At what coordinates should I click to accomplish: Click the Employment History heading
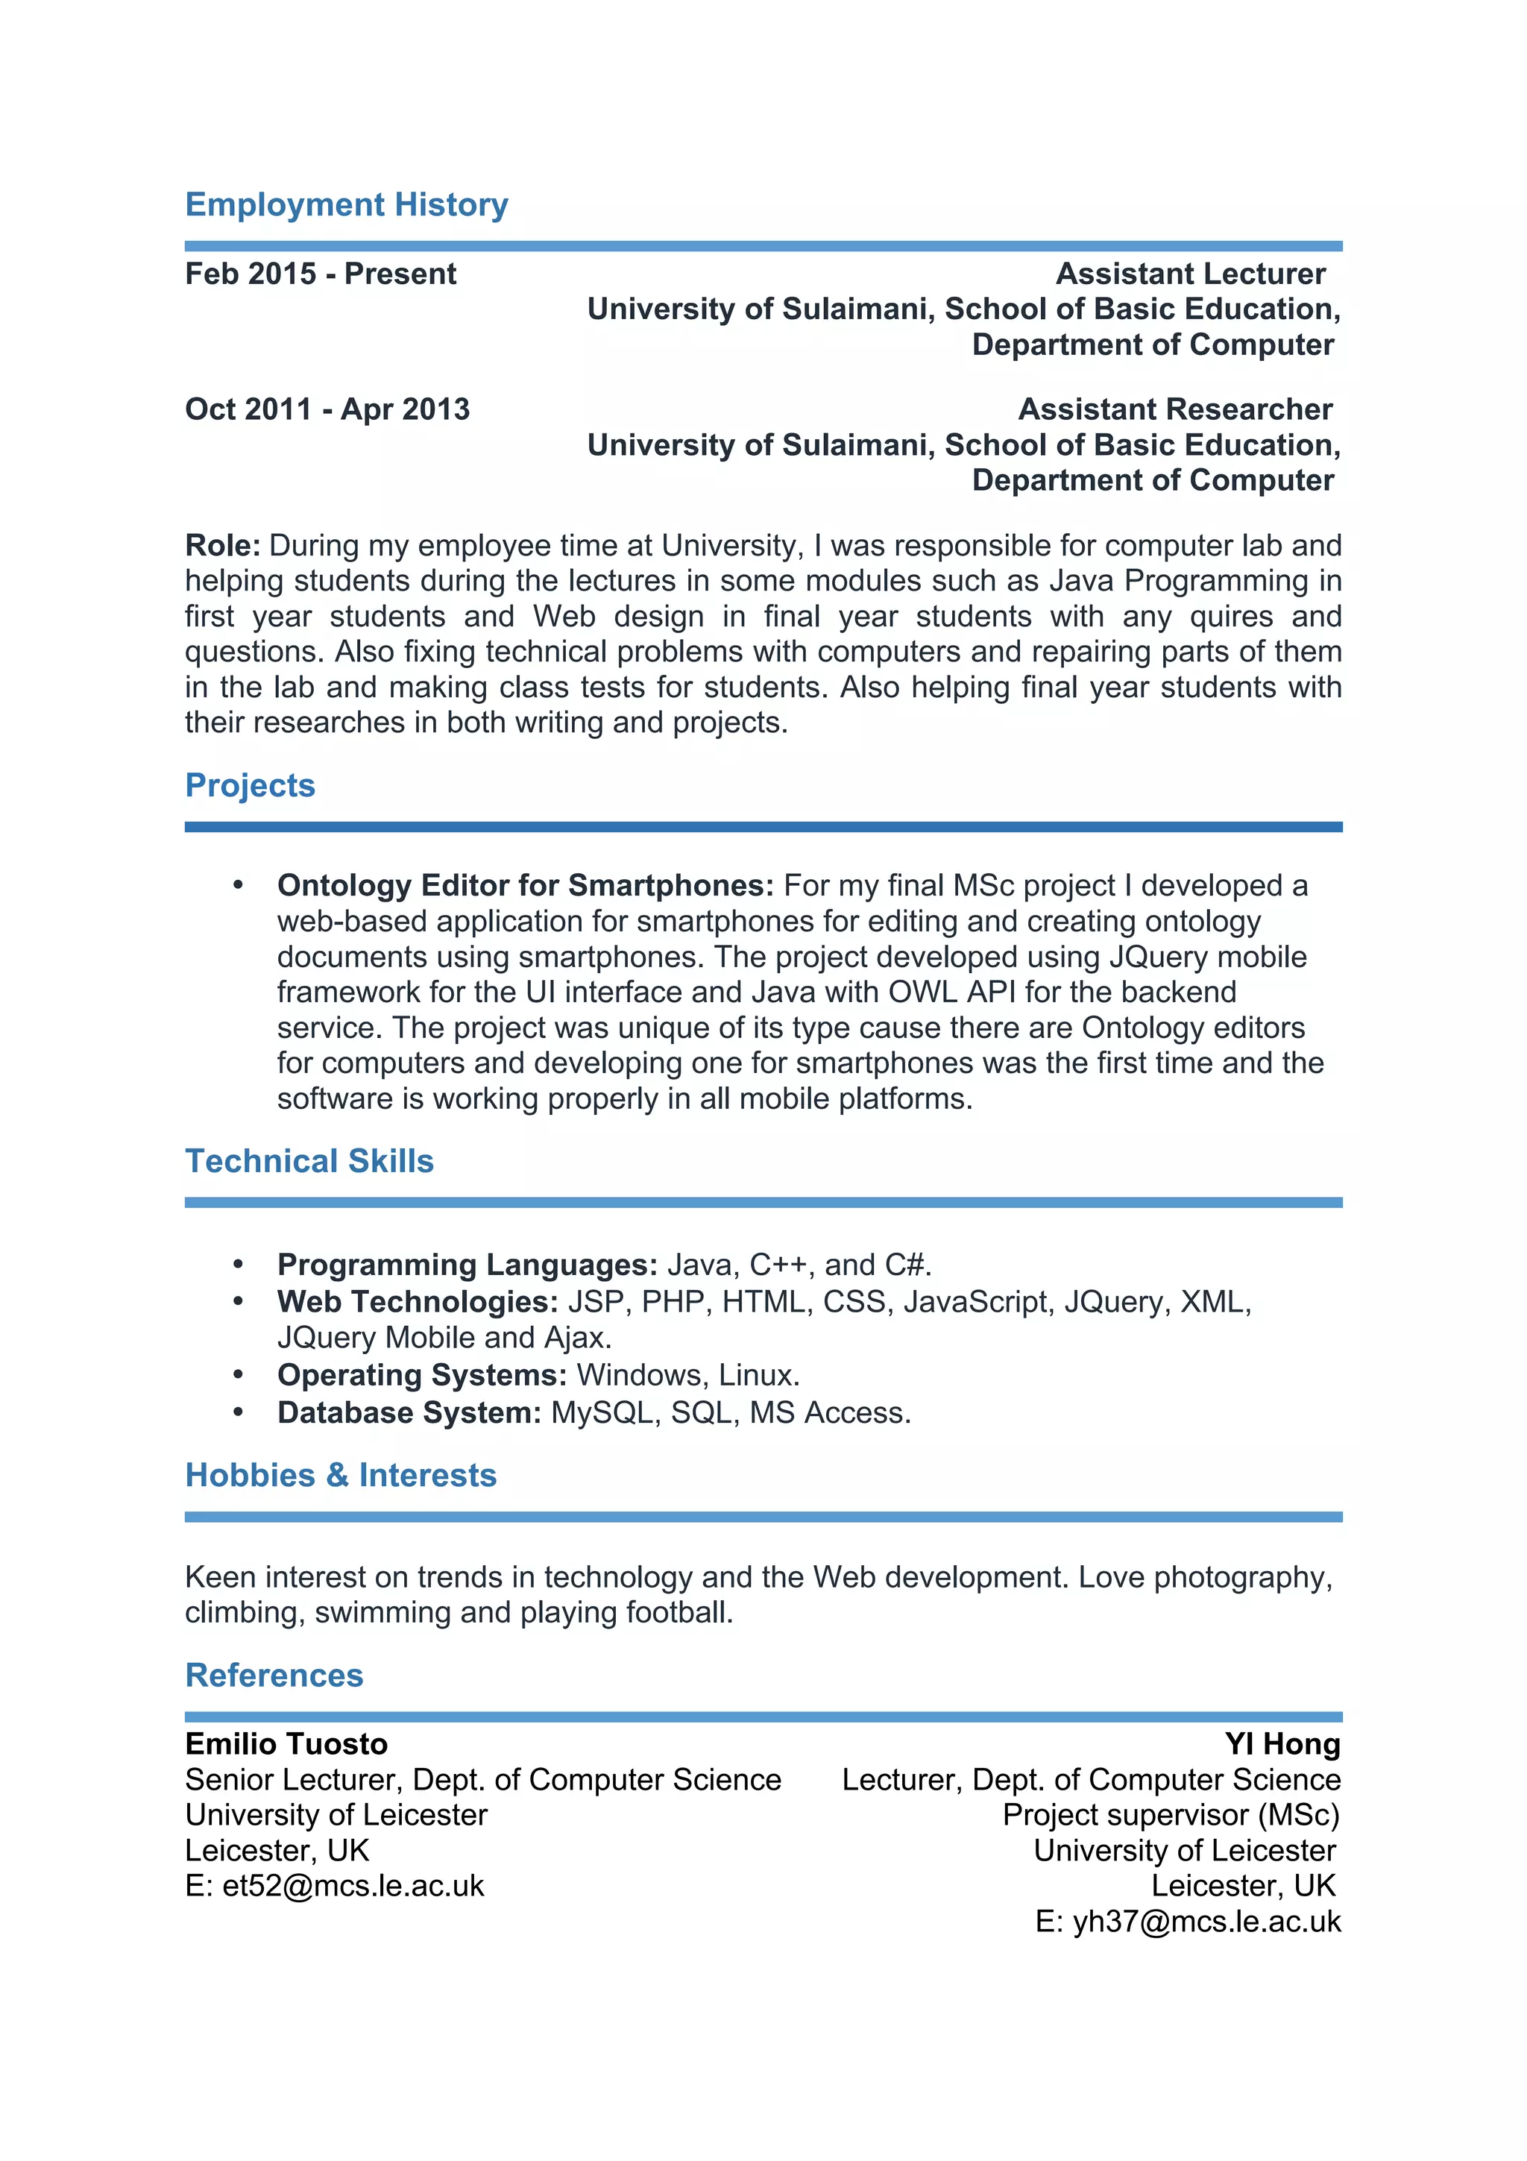346,204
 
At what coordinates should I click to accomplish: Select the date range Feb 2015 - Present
320,274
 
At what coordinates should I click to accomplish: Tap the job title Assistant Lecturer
1189,274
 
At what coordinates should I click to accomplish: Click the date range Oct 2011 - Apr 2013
327,409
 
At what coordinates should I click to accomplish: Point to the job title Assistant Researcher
1174,409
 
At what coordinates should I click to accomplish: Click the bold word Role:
222,545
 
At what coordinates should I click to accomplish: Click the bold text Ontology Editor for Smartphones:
524,886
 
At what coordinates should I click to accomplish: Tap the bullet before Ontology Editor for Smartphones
238,884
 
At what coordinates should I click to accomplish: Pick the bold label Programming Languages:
467,1264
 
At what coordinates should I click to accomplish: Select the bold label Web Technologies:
418,1302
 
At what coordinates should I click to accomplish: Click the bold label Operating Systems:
421,1375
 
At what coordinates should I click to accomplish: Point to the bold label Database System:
409,1413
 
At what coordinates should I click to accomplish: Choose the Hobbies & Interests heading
341,1475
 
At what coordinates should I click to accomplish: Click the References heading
274,1676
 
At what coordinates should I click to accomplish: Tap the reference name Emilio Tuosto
286,1744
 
